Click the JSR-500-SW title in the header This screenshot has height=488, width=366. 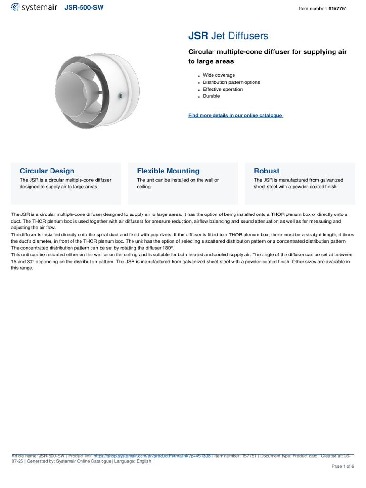pos(84,8)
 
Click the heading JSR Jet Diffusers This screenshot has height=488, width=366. pos(228,36)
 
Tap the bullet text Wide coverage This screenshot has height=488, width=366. pos(219,75)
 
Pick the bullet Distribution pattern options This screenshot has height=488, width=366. pos(232,82)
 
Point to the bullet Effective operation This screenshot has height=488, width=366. pos(223,89)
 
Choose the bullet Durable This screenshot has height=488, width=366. pos(212,96)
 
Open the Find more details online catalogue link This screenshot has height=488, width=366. pos(235,115)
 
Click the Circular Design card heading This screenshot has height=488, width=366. pos(47,171)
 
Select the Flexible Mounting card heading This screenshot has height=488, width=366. pos(168,171)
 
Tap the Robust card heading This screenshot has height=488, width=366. pos(267,171)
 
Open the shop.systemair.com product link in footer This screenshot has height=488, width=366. pos(152,456)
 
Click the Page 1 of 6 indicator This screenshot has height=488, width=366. pos(343,466)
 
